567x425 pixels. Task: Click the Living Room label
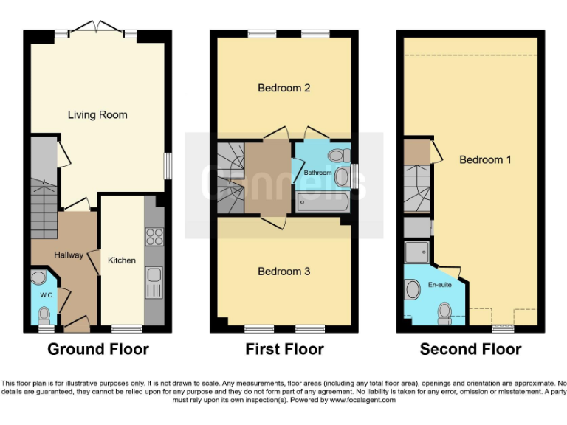point(97,115)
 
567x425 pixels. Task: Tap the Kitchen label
point(122,260)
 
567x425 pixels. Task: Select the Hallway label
point(69,255)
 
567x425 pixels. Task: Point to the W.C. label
point(47,295)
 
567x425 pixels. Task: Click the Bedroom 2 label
point(283,89)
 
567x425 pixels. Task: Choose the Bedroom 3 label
point(283,272)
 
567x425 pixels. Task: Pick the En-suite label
point(439,284)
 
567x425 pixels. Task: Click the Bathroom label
point(318,173)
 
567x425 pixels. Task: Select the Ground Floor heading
point(98,349)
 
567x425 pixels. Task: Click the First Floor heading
point(284,349)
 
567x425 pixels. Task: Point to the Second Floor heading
point(470,349)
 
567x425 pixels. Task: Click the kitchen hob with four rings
point(155,237)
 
